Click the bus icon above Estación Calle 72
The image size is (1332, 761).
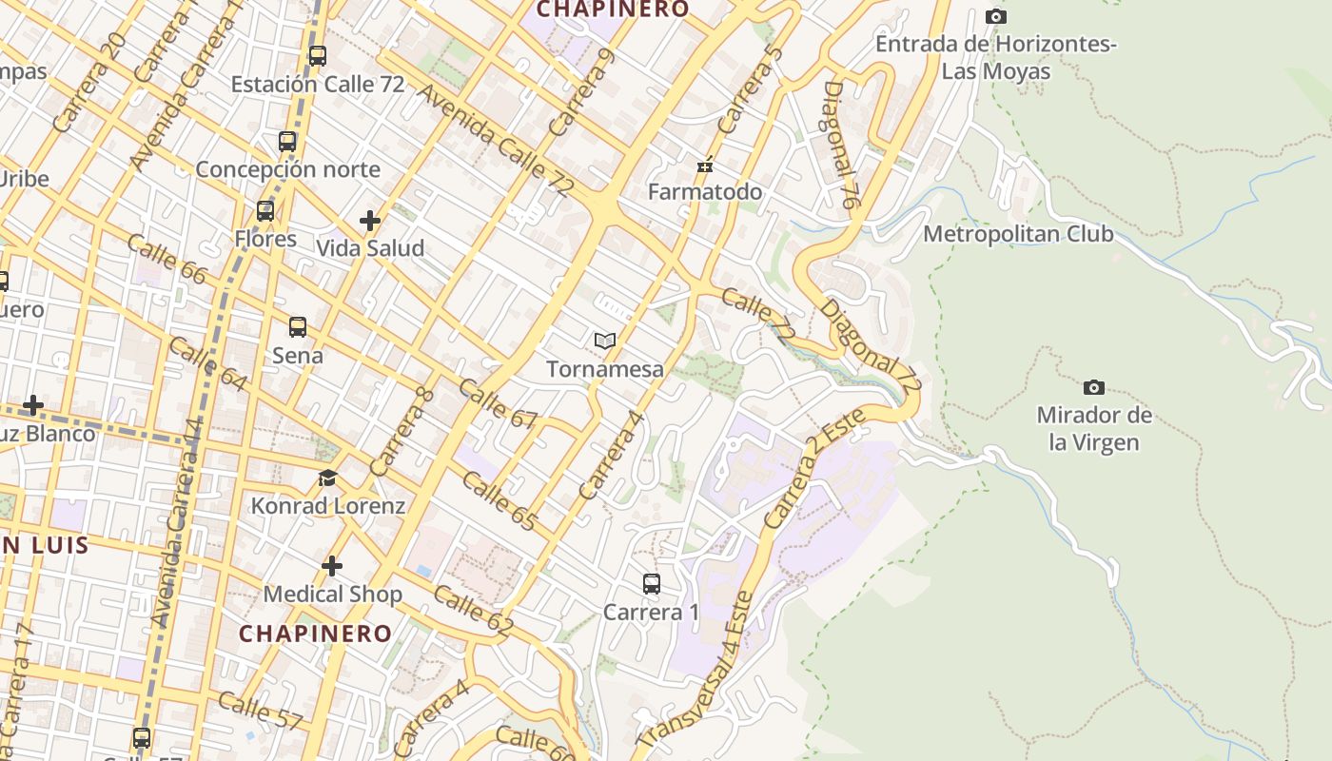tap(318, 56)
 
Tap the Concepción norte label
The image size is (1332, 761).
tap(287, 169)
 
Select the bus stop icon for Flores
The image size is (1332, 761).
tap(265, 211)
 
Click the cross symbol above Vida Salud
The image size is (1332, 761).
tap(370, 222)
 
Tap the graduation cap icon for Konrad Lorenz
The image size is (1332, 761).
tap(328, 478)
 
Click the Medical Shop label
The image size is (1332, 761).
tap(332, 595)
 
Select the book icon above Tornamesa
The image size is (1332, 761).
tap(605, 341)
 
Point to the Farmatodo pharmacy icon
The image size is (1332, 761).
tap(705, 166)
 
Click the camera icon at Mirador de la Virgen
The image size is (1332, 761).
tap(1094, 387)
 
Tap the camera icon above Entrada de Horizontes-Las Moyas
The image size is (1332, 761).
tap(996, 17)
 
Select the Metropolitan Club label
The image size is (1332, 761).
tap(1018, 234)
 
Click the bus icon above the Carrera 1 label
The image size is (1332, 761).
tap(652, 584)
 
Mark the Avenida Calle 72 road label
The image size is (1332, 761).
tap(495, 141)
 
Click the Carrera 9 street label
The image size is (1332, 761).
tap(581, 92)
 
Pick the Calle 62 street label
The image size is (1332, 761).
tap(473, 612)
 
